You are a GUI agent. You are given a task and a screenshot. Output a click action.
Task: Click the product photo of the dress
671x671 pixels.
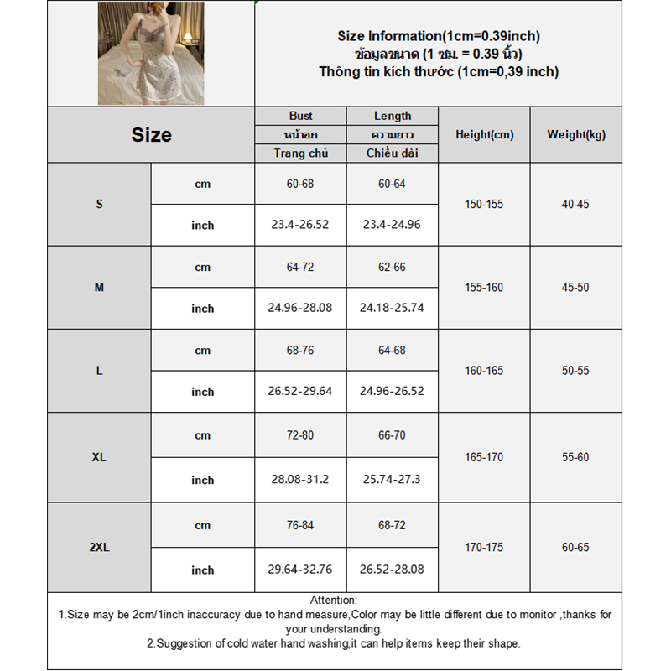click(150, 54)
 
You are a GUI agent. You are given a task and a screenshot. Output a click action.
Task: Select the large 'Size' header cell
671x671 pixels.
click(151, 134)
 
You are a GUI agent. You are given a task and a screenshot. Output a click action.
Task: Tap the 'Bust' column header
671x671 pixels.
click(300, 116)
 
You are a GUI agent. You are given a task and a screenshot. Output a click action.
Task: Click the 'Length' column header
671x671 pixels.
click(393, 116)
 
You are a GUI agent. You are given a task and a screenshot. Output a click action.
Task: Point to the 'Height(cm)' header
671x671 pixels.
click(484, 134)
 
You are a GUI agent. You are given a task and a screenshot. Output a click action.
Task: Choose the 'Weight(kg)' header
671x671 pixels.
click(575, 134)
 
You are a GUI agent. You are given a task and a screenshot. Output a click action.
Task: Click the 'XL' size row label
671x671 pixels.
click(99, 457)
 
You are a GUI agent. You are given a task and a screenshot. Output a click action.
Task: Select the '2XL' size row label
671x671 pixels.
click(99, 547)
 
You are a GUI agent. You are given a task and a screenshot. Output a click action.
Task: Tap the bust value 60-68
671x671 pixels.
click(300, 184)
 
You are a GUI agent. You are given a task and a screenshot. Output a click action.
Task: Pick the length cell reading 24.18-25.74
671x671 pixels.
click(393, 308)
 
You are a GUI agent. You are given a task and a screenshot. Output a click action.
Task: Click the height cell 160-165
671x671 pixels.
click(484, 370)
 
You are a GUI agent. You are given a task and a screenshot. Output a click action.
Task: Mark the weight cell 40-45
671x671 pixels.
click(575, 204)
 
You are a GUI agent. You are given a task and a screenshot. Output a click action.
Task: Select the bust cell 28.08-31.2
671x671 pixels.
click(300, 480)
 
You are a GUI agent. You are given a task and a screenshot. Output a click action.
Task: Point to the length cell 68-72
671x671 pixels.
click(393, 525)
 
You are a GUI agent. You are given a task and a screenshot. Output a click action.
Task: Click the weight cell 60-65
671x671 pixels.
click(575, 547)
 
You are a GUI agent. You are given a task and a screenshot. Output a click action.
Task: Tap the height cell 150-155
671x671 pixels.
click(484, 204)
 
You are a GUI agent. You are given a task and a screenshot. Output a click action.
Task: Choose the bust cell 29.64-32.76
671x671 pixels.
click(300, 570)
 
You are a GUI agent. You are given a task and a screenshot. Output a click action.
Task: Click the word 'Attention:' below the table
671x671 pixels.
click(334, 600)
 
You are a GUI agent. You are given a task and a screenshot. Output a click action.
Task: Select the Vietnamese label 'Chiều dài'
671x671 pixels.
click(393, 153)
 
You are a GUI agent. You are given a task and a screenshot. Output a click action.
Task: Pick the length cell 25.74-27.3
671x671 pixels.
click(393, 480)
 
